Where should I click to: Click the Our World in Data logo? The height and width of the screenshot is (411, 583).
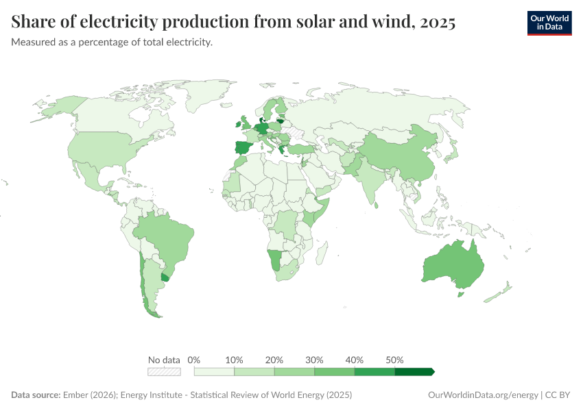pos(549,23)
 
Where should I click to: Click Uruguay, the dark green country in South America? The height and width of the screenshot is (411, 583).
pos(165,278)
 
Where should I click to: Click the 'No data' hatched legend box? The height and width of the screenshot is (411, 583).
pos(164,372)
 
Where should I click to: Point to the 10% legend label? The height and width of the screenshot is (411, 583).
pos(235,360)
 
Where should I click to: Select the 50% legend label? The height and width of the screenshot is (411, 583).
pos(394,360)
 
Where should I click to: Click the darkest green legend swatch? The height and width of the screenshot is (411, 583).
pos(414,372)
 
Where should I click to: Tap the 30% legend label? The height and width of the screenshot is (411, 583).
pos(315,360)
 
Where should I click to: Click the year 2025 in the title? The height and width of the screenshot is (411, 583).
pos(437,23)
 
